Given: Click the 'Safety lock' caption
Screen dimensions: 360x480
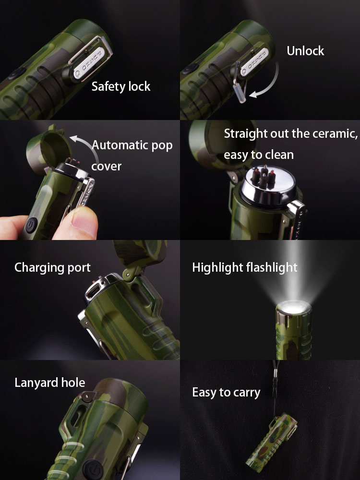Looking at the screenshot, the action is (121, 86).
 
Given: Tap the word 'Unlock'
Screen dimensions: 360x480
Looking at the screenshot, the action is (305, 51).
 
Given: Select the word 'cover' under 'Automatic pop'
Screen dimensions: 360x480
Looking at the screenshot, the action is (106, 166).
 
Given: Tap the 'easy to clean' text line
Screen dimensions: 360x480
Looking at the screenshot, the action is (259, 155).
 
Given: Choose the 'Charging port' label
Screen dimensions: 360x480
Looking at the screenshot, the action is (52, 267).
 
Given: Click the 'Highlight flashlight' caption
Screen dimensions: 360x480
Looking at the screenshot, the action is (245, 267).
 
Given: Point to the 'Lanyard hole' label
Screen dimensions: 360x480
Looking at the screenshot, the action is (50, 383).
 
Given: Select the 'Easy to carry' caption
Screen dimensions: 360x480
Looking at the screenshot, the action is (226, 393).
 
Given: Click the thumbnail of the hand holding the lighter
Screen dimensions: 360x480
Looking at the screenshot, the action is (90, 180).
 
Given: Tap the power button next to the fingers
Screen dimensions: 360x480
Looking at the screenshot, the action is (31, 225).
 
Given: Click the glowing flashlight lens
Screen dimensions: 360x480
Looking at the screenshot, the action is (294, 307).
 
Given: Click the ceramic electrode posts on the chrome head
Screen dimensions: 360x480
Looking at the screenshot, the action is (263, 178).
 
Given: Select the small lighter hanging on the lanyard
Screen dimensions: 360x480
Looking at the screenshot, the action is (271, 440).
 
